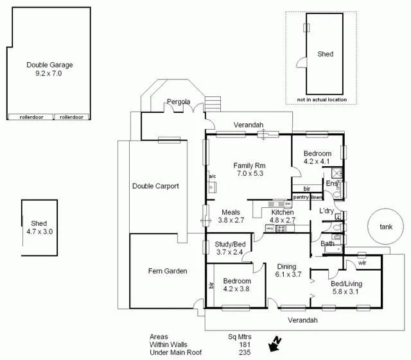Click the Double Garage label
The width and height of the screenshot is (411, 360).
click(x=49, y=65)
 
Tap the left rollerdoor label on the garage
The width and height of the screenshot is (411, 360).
click(x=30, y=117)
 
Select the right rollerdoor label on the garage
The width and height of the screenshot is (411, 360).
click(x=71, y=117)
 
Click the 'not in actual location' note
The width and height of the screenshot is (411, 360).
click(x=322, y=99)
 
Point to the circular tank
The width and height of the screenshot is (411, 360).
click(x=385, y=227)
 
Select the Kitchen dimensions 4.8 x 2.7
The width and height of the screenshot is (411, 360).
click(x=282, y=220)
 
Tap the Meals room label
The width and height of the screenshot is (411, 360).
click(x=231, y=212)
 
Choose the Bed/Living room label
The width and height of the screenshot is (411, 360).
click(x=346, y=284)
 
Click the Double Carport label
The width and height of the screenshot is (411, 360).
click(x=155, y=186)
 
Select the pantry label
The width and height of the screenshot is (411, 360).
click(x=301, y=197)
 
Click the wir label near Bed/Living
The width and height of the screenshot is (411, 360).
click(x=362, y=262)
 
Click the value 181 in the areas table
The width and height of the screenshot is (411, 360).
click(x=241, y=345)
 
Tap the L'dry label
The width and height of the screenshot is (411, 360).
click(x=326, y=210)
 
